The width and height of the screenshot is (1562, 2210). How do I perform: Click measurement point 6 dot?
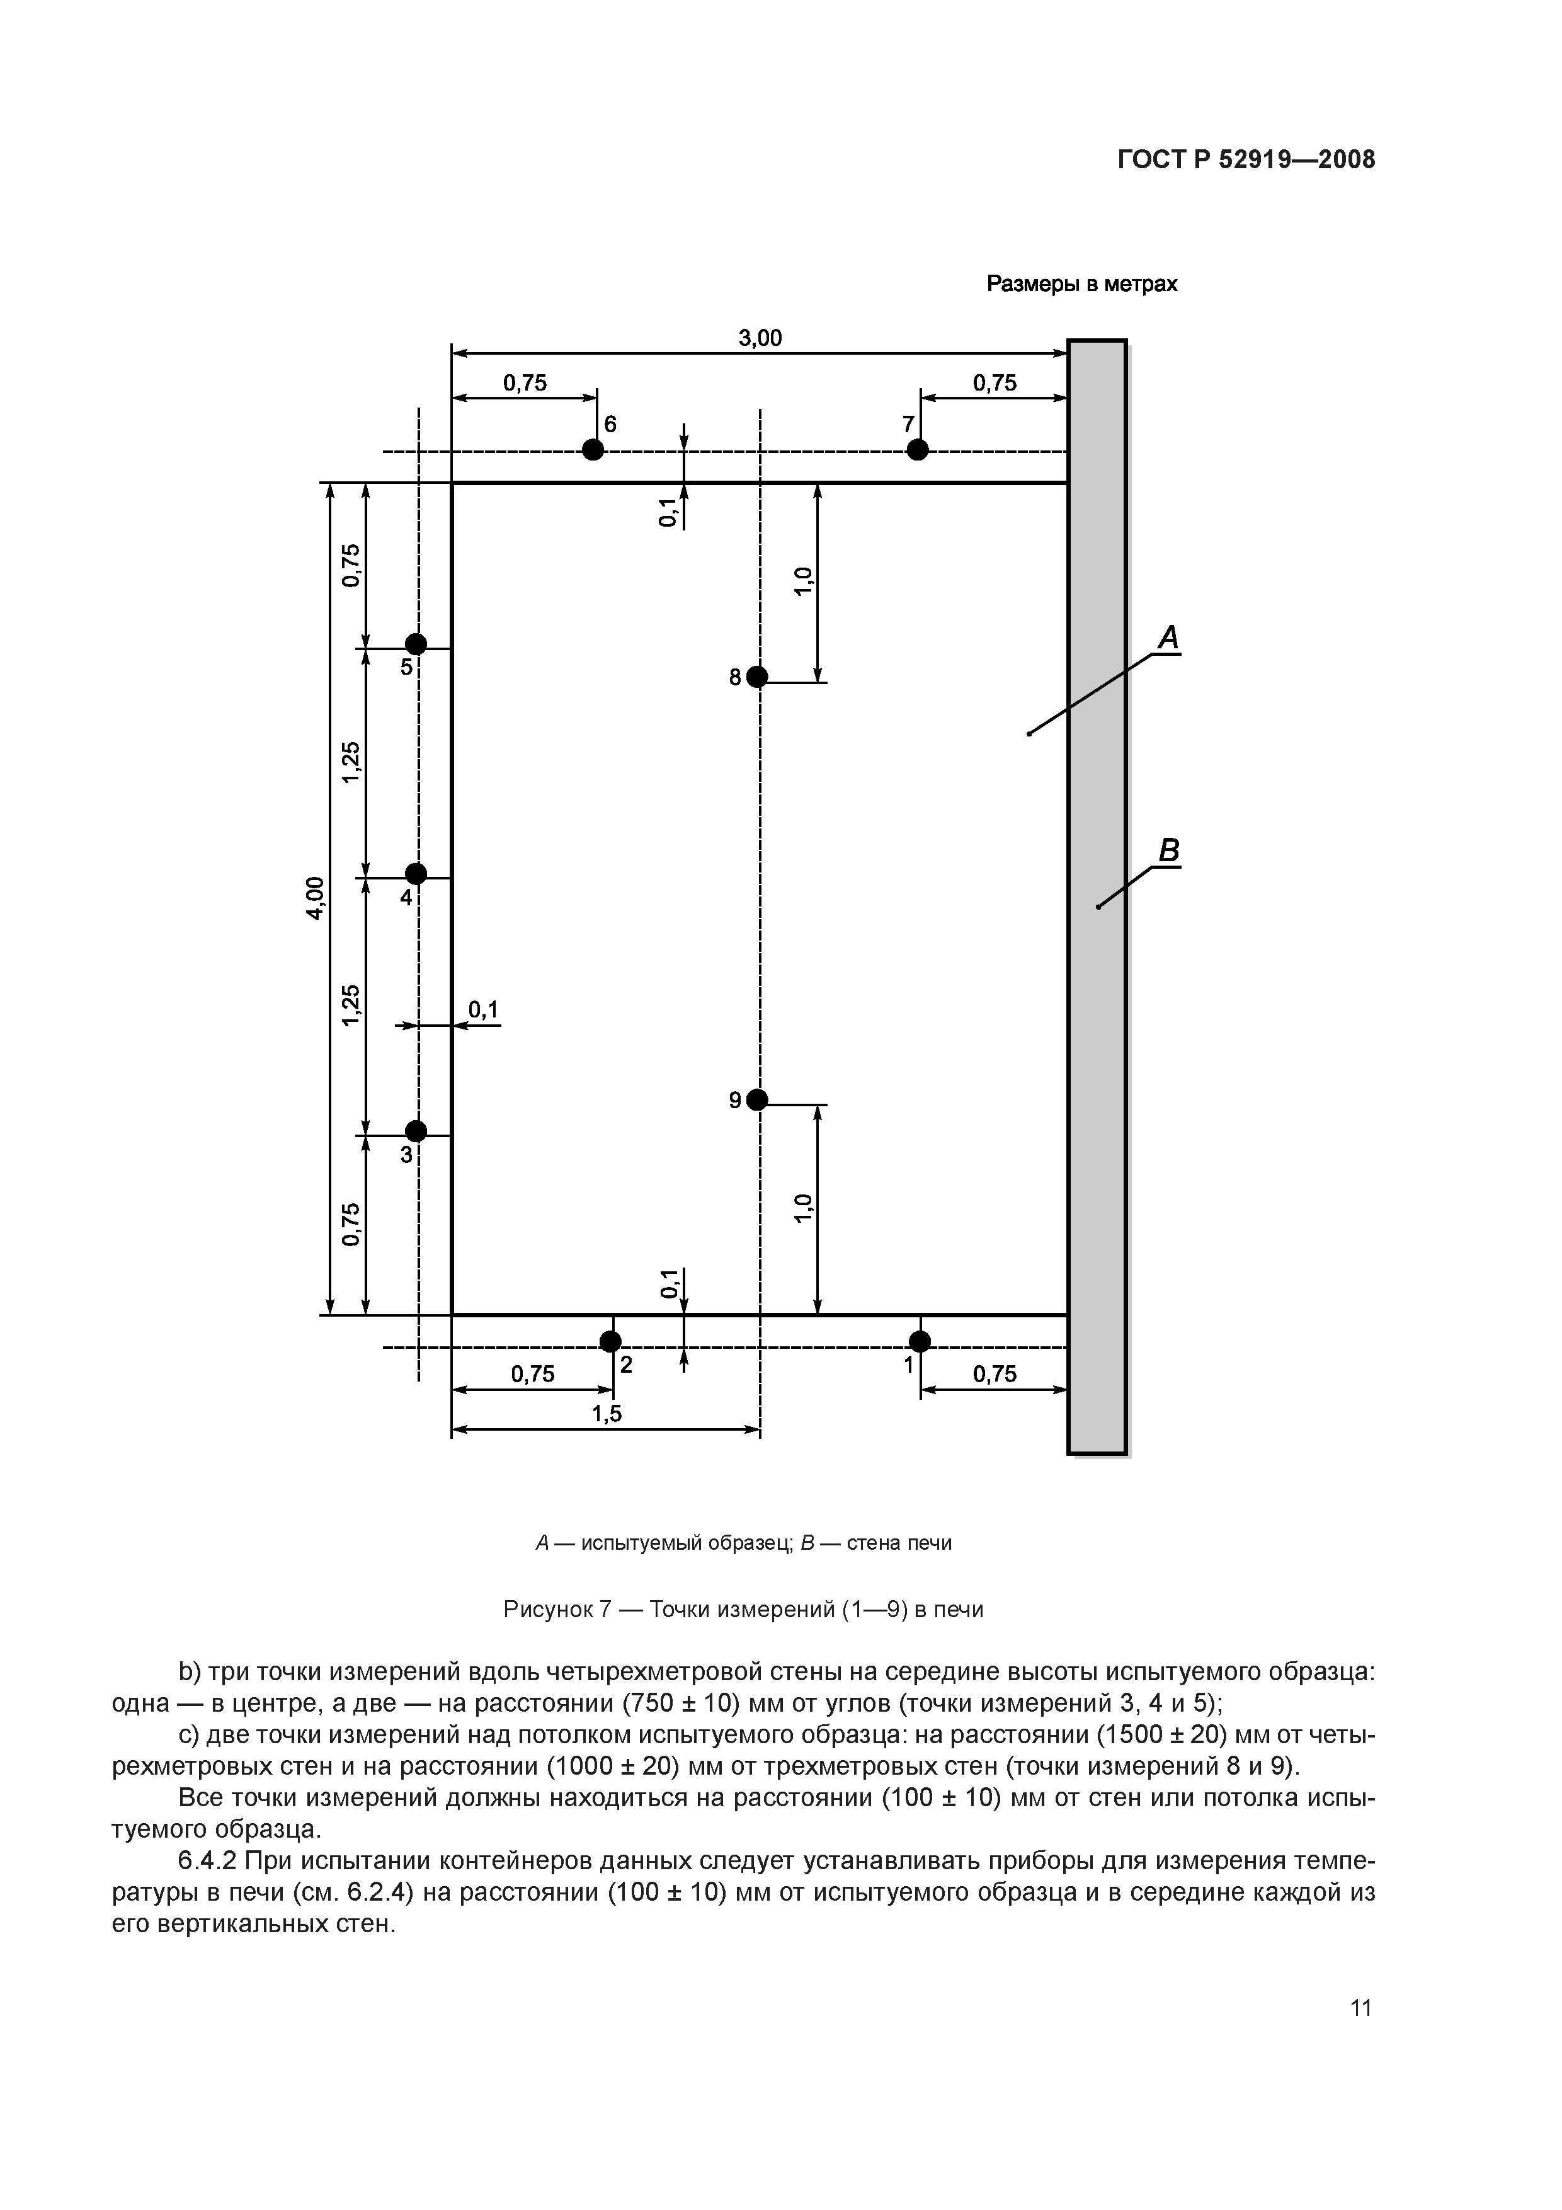593,450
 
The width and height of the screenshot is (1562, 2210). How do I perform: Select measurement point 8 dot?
758,677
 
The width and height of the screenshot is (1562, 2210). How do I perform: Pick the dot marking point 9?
758,1099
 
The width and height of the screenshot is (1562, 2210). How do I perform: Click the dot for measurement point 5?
416,644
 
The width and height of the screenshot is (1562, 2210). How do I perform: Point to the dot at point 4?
416,873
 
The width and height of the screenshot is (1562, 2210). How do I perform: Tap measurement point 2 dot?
610,1341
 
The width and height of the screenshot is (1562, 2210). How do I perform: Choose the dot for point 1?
920,1341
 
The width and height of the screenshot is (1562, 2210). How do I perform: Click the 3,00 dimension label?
760,338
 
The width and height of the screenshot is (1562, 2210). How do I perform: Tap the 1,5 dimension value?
607,1413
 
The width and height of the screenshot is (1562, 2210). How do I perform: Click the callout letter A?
1168,637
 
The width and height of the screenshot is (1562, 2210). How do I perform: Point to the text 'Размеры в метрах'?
1082,284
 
